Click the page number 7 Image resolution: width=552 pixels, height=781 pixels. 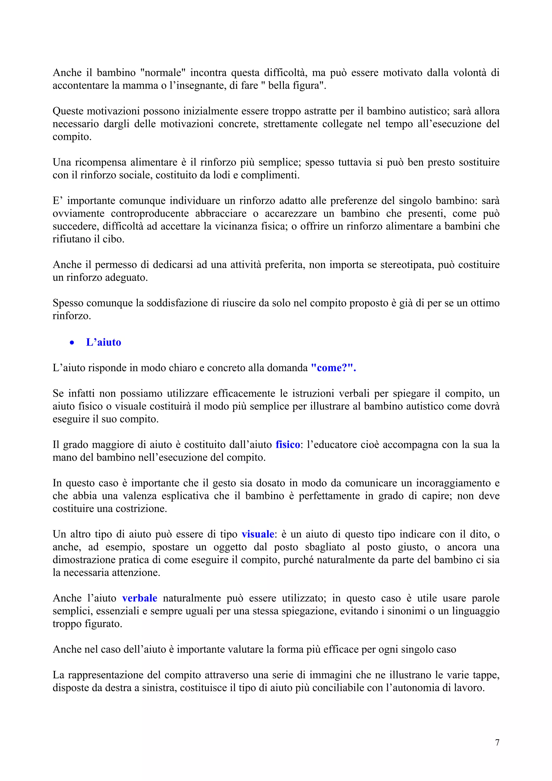pyautogui.click(x=497, y=742)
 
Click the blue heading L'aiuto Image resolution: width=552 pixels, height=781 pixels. pyautogui.click(x=103, y=342)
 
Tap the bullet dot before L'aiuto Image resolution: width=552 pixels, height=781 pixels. pyautogui.click(x=72, y=343)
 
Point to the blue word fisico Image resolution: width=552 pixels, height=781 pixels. pyautogui.click(x=288, y=445)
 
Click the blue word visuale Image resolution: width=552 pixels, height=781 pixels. pyautogui.click(x=258, y=534)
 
